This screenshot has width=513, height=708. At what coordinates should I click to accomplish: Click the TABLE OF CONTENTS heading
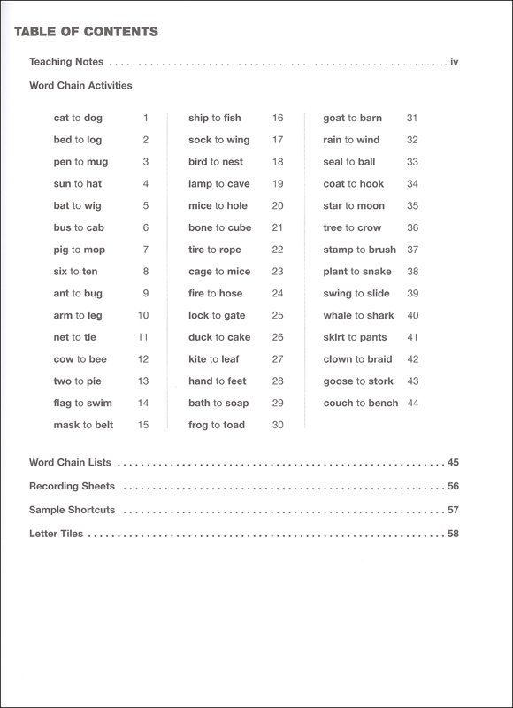click(86, 32)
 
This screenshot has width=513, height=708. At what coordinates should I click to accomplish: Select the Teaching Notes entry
click(66, 62)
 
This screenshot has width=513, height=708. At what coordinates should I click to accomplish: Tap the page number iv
click(455, 62)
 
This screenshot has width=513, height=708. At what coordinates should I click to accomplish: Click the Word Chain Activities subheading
click(80, 86)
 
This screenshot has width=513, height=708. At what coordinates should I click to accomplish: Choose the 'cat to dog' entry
click(78, 118)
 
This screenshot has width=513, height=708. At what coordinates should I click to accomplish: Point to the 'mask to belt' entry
click(83, 425)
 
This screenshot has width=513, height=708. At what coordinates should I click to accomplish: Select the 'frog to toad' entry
click(216, 425)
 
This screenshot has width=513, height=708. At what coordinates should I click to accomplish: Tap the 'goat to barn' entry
click(351, 118)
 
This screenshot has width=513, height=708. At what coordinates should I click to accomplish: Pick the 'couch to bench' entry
click(361, 403)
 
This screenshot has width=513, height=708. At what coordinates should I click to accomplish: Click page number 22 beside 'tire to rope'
click(278, 250)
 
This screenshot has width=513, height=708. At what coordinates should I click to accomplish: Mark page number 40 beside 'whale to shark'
click(412, 315)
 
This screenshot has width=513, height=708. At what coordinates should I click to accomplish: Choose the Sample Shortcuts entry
click(73, 510)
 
